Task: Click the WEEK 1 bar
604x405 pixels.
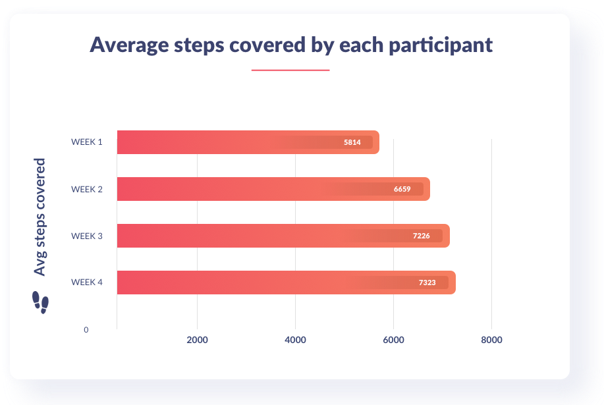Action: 248,142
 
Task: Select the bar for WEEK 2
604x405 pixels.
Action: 273,189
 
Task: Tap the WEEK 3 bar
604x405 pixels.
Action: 283,236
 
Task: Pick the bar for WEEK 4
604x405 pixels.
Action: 287,283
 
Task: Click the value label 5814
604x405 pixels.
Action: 352,142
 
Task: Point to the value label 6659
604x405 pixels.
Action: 402,189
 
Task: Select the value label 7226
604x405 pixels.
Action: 422,236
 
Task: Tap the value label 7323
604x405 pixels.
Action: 427,283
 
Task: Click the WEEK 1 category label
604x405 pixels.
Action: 87,142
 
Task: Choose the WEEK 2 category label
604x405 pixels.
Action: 87,190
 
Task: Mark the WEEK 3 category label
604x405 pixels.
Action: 87,236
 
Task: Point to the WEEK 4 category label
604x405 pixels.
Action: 87,283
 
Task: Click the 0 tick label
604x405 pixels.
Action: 86,330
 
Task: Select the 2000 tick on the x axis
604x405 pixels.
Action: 197,340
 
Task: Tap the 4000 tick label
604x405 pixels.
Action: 296,340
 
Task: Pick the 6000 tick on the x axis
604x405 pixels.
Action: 393,340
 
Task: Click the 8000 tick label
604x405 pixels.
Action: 491,340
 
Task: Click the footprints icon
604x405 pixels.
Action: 40,302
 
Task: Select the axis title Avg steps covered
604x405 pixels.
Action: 40,217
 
